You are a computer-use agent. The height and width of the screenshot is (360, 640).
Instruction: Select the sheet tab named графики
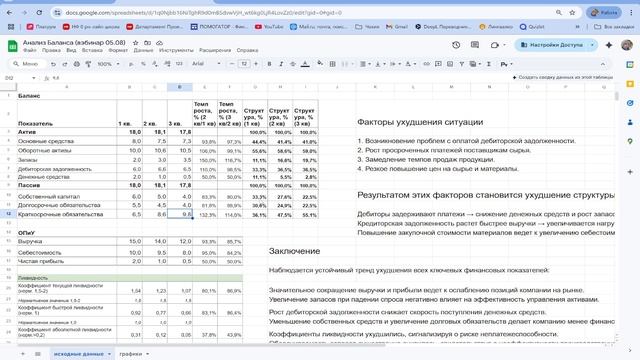click(130, 354)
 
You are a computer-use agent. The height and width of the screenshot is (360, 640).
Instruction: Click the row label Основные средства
click(45, 142)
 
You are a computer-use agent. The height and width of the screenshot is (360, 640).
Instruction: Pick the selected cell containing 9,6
click(186, 214)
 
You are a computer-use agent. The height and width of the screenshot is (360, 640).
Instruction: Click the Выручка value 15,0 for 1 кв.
click(134, 241)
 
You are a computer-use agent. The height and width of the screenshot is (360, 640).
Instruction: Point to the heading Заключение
click(296, 250)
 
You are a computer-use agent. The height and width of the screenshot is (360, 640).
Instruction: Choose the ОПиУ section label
click(28, 231)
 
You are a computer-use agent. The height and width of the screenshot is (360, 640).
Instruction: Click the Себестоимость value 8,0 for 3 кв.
click(186, 254)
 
